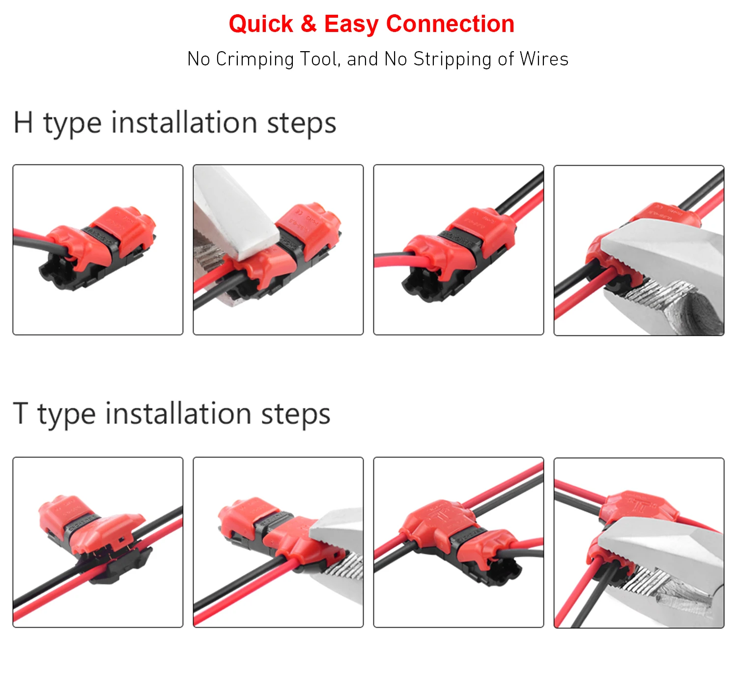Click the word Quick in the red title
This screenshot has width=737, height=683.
click(260, 24)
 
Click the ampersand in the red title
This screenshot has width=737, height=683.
click(309, 24)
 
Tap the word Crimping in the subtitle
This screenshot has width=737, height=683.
click(255, 59)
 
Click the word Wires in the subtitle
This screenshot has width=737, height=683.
click(544, 59)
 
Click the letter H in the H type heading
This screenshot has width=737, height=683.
click(23, 122)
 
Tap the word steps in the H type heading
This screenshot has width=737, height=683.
click(301, 123)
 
